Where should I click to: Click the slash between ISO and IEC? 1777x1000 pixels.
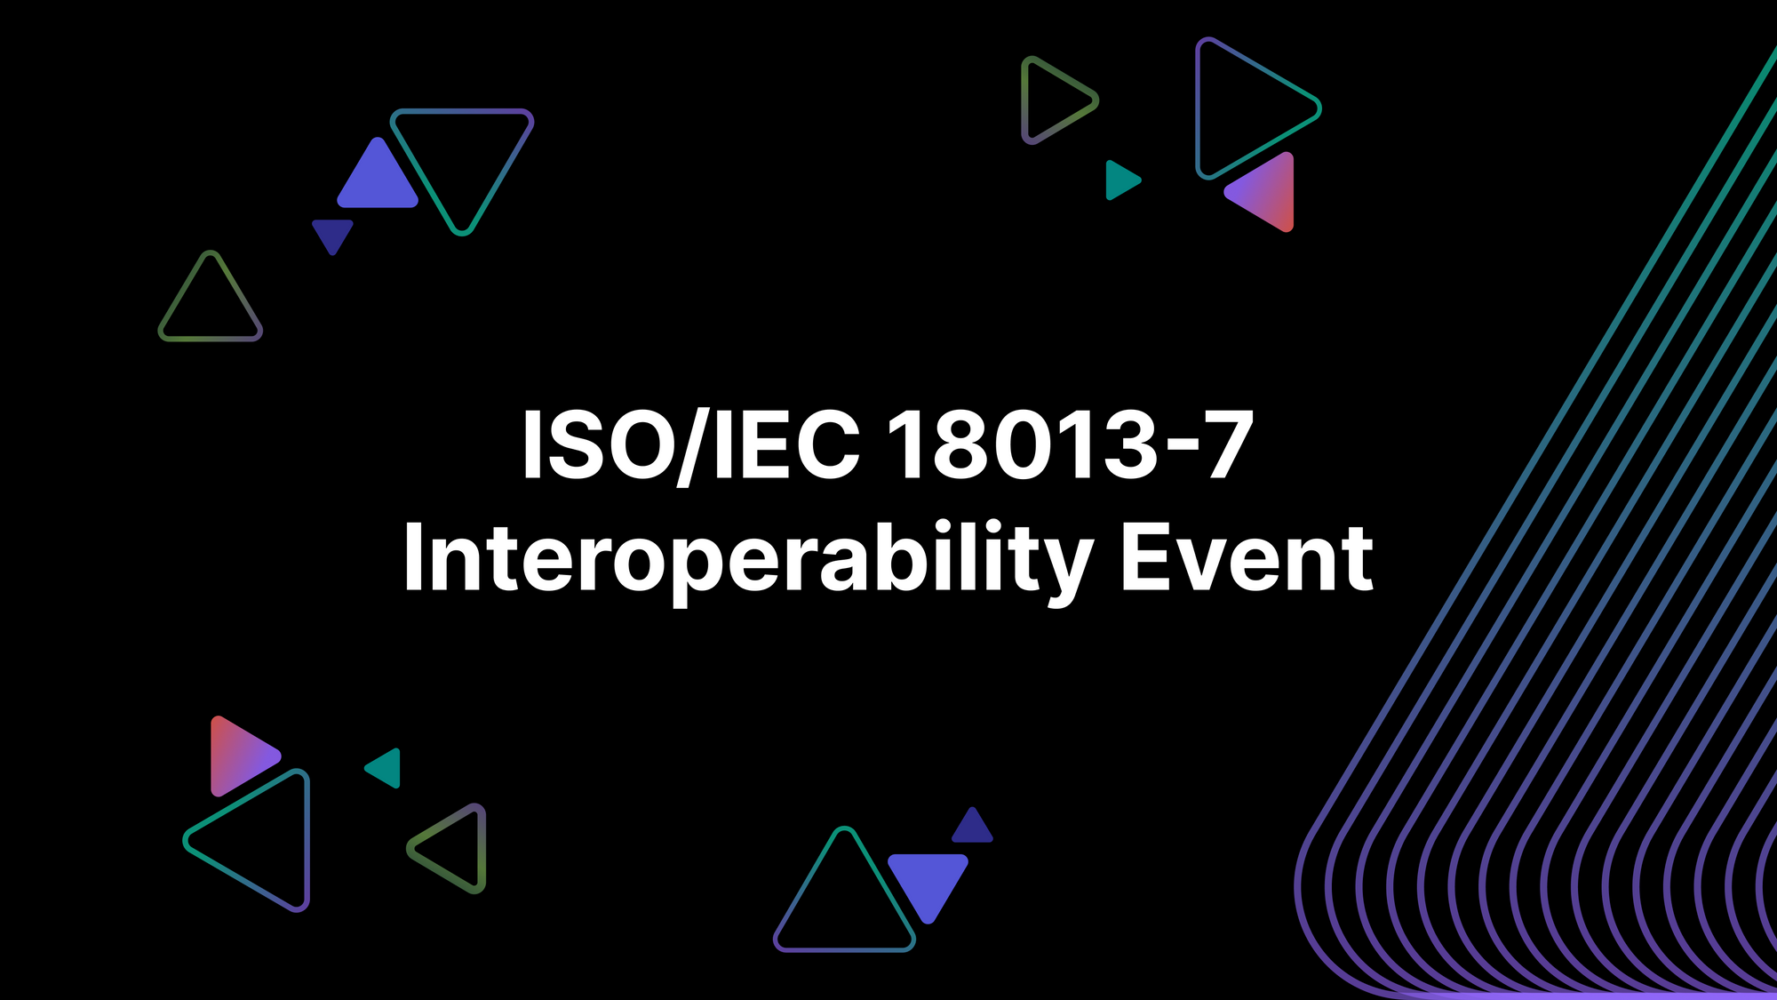tap(694, 446)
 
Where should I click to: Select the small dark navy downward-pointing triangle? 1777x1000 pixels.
tap(332, 234)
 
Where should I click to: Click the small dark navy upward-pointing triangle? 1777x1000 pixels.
tap(972, 828)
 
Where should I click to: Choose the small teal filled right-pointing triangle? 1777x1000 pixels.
tap(1120, 180)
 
